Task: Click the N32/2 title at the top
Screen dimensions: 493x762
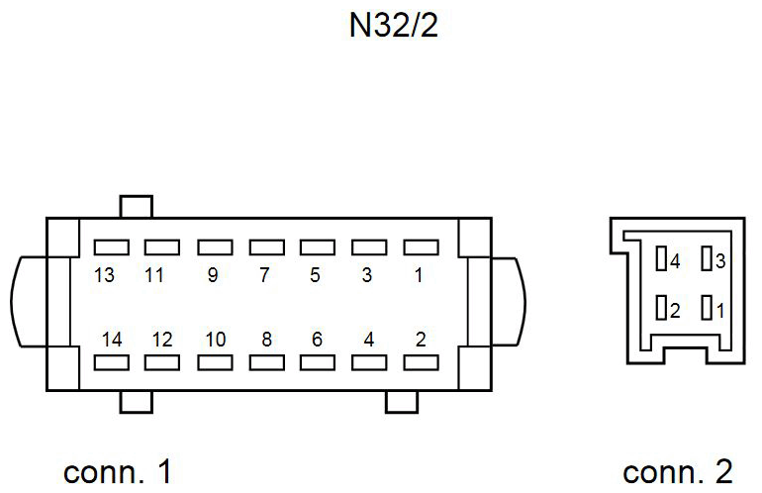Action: point(394,26)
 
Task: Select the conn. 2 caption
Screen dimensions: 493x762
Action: point(678,471)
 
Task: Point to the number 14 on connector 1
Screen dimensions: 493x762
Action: point(112,339)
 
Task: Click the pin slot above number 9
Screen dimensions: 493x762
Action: point(214,246)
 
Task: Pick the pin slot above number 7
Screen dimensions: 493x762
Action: point(265,246)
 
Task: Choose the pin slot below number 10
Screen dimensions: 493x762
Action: point(214,362)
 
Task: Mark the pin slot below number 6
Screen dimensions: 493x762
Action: point(317,362)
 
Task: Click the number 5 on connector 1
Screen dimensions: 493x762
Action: point(316,276)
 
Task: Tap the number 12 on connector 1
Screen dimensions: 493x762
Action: point(162,339)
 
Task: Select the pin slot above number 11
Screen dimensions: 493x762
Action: point(161,246)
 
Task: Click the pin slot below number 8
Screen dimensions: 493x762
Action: point(265,362)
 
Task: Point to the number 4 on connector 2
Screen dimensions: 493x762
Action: point(675,261)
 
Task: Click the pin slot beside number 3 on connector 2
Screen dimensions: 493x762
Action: point(707,260)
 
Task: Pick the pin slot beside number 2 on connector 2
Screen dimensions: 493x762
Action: point(661,309)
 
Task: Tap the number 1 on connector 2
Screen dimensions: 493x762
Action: point(720,310)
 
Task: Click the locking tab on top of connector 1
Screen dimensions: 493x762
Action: point(136,206)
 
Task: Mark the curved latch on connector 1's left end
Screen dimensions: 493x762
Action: point(28,302)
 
